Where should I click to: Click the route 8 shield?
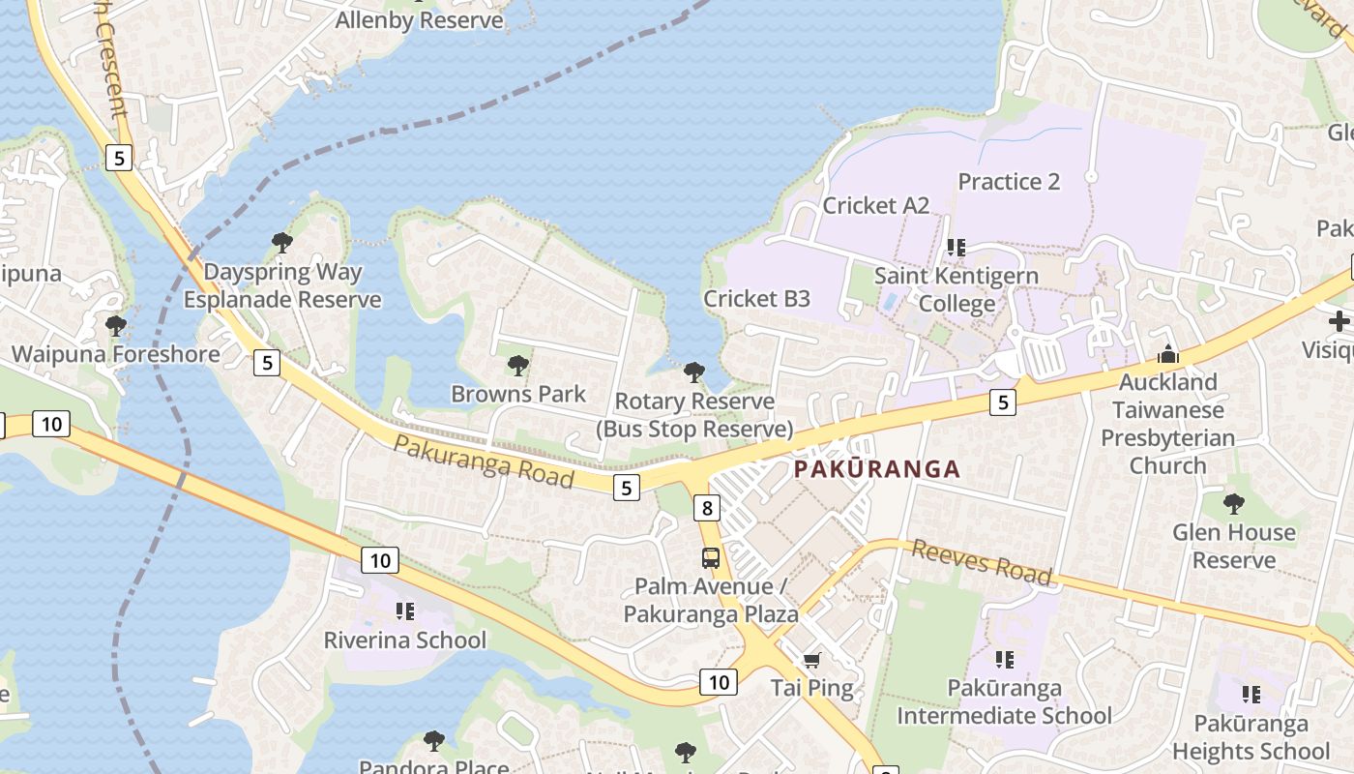tap(708, 507)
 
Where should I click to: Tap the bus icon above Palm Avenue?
tap(710, 558)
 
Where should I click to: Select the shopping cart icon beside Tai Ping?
tap(811, 660)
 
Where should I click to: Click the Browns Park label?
tap(518, 394)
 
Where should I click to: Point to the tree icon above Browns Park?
tap(518, 366)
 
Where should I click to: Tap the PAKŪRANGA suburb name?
tap(877, 469)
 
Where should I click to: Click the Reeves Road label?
tap(982, 562)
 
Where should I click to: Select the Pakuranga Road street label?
tap(485, 461)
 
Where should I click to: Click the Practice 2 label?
tap(1009, 181)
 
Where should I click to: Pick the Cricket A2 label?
tap(875, 205)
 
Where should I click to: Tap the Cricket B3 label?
tap(756, 298)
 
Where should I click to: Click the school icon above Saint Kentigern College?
tap(957, 248)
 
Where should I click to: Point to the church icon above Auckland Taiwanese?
tap(1167, 354)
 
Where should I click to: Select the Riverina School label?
tap(404, 640)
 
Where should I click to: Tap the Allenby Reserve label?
tap(420, 20)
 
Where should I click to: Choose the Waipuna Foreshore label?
tap(116, 354)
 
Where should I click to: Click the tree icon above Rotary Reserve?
tap(693, 372)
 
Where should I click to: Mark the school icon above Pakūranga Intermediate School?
tap(1005, 660)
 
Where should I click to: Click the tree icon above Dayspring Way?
tap(282, 243)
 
